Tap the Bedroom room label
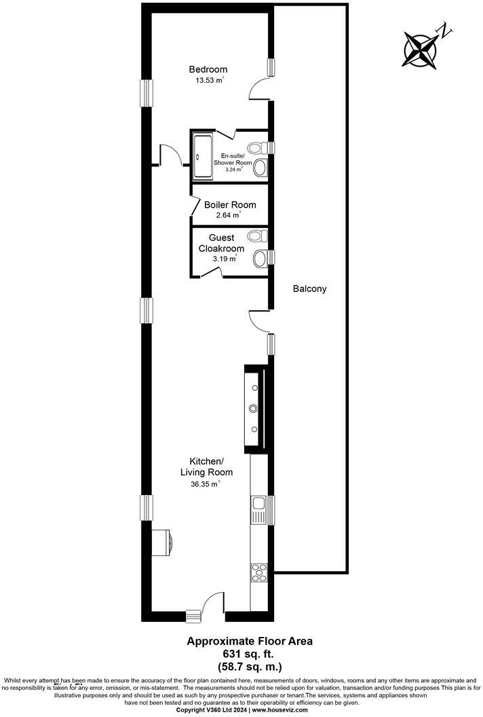tap(208, 69)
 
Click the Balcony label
tap(310, 289)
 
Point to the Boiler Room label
tap(230, 204)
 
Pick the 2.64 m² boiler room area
tap(223, 215)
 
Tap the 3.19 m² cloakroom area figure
tap(225, 259)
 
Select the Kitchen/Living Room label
tap(206, 466)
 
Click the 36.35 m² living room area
tap(205, 484)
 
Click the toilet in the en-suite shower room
tap(256, 147)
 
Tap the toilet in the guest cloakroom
tap(256, 236)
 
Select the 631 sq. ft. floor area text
tap(240, 653)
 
